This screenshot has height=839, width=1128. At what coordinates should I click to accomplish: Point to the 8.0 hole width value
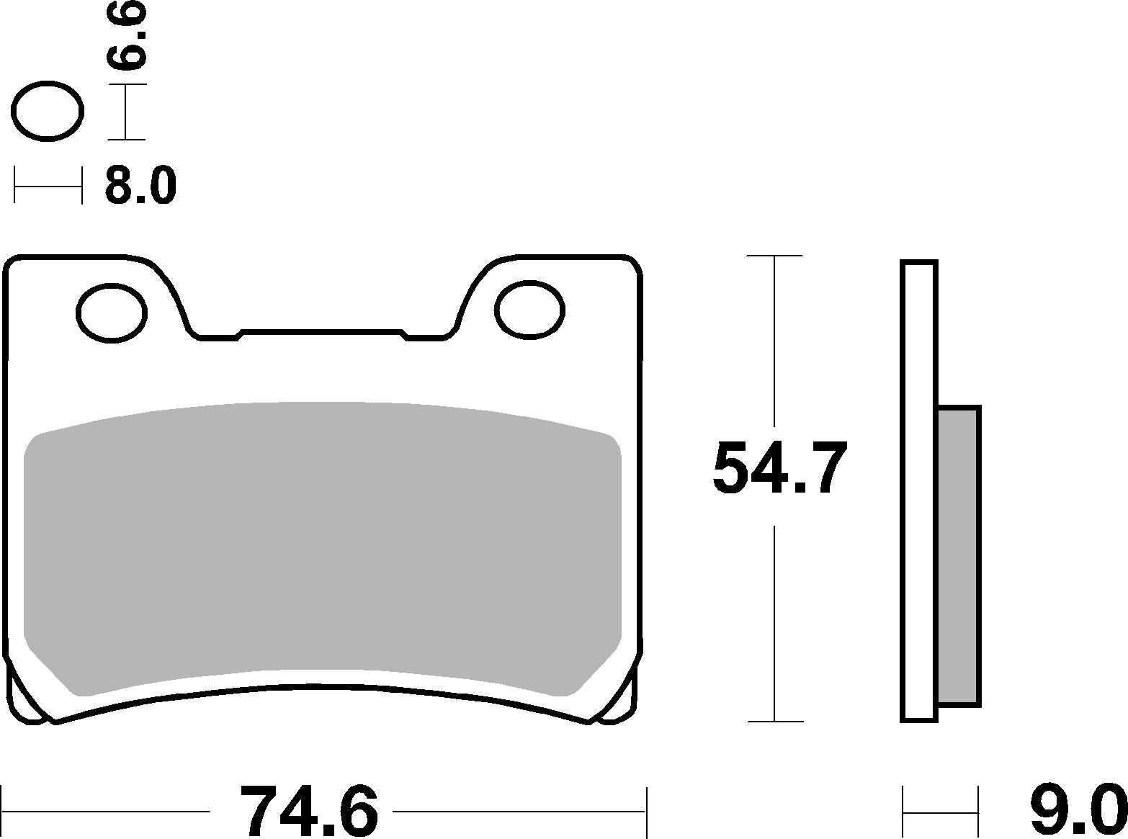click(x=140, y=186)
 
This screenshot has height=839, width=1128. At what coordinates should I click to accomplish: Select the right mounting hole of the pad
click(x=529, y=310)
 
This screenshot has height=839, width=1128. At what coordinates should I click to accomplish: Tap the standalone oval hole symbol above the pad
click(x=49, y=111)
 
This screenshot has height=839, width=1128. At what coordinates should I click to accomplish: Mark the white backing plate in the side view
click(x=919, y=490)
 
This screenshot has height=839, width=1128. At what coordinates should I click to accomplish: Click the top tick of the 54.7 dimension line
click(x=774, y=256)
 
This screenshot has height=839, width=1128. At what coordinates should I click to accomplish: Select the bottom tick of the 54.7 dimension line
click(x=774, y=721)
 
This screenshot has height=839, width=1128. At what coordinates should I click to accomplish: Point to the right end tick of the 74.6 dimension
click(x=647, y=811)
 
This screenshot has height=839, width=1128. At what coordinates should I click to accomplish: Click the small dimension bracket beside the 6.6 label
click(x=127, y=112)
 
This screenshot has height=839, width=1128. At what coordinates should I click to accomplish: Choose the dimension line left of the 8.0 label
click(x=48, y=187)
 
